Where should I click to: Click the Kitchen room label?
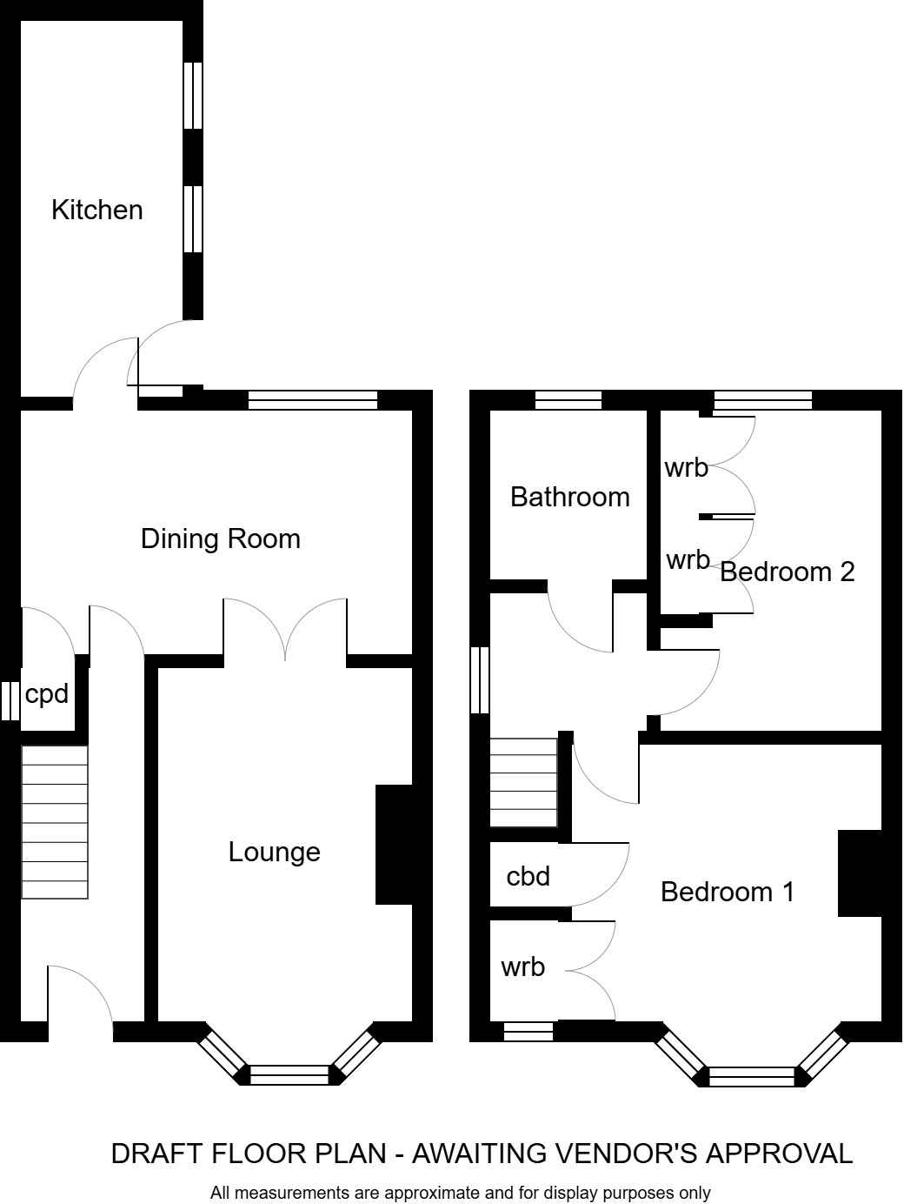tap(96, 210)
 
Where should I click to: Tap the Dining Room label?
tap(220, 538)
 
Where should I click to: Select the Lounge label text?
tap(274, 852)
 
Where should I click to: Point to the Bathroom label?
tap(569, 497)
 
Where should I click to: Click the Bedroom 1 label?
tap(728, 892)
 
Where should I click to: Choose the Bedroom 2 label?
tap(788, 572)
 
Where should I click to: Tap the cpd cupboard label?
tap(46, 694)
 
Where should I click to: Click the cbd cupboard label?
tap(528, 875)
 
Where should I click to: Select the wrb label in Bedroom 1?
tap(522, 967)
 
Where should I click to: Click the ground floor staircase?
tap(55, 822)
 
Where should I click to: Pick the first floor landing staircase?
tap(523, 782)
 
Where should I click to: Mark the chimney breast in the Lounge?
tap(393, 845)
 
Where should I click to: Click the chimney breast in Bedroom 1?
tap(860, 873)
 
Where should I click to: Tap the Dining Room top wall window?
tap(312, 400)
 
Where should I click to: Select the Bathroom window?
tap(568, 400)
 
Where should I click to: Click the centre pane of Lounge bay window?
tap(289, 1074)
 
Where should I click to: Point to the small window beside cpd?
tap(10, 701)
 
